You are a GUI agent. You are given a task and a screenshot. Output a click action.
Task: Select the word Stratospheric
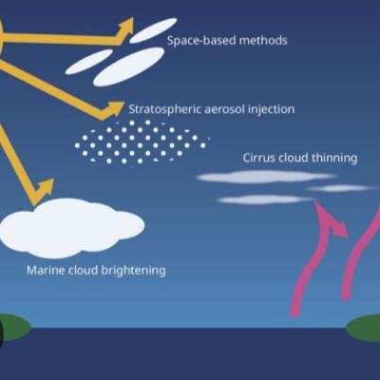(x=164, y=109)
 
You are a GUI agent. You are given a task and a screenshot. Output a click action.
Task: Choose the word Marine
(x=46, y=271)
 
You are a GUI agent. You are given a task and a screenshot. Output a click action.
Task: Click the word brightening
(x=133, y=271)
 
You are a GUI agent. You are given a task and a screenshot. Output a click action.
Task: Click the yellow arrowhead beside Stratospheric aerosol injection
(x=113, y=109)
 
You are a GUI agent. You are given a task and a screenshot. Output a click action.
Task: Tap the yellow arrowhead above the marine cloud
(x=44, y=191)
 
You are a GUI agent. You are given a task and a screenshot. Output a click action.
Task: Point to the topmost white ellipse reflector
(x=153, y=30)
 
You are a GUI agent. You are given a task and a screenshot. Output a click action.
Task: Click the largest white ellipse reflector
(x=129, y=66)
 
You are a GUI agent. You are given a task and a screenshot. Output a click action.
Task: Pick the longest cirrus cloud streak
(x=266, y=177)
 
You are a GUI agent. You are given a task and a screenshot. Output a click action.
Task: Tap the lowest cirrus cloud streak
(x=264, y=199)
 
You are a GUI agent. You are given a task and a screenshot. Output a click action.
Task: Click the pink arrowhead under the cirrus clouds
(x=330, y=218)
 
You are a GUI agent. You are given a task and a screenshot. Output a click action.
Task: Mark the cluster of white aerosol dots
(x=142, y=142)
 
